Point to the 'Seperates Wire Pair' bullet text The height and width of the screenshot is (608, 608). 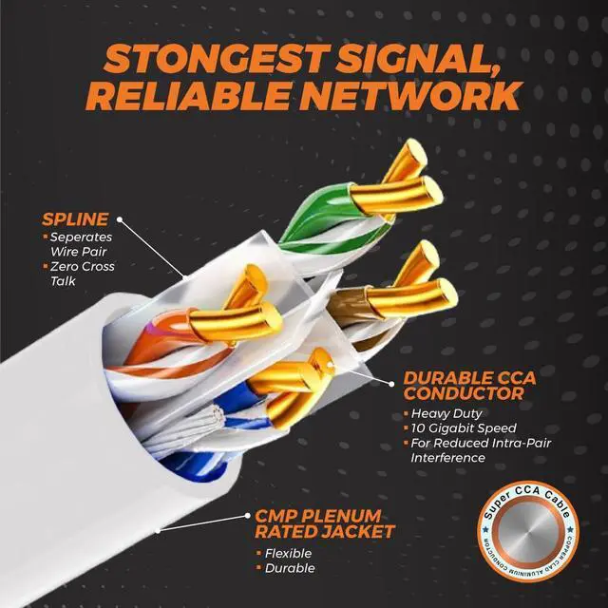(82, 244)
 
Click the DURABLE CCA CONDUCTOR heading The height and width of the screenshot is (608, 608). (469, 385)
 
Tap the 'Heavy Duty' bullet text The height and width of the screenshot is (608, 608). (446, 414)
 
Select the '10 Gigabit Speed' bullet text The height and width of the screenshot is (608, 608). (464, 428)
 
